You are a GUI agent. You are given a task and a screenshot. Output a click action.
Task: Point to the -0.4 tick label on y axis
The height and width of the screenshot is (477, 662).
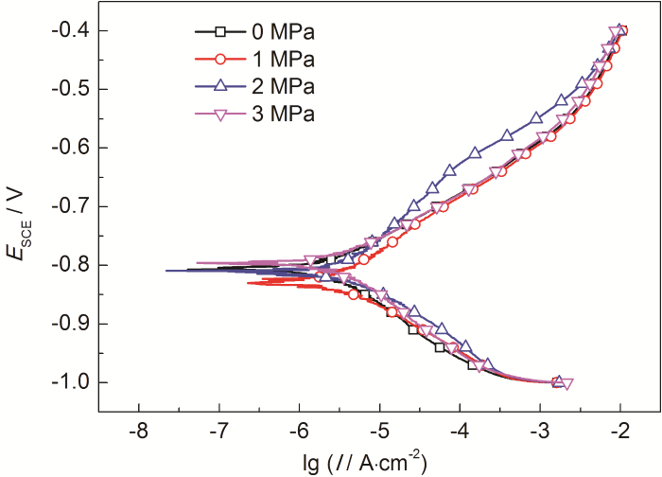(x=73, y=31)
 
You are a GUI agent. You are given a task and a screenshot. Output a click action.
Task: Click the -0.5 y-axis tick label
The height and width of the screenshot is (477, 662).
(x=73, y=90)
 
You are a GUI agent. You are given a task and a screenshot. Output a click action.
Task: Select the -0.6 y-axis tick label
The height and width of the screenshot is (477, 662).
(x=73, y=149)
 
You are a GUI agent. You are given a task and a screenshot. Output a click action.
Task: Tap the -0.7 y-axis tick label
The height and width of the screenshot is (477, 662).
(x=73, y=206)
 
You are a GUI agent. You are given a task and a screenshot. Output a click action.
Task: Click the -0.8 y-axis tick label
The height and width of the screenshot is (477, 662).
(x=73, y=265)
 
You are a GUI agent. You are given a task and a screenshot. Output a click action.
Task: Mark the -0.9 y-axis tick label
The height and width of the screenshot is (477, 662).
(x=73, y=324)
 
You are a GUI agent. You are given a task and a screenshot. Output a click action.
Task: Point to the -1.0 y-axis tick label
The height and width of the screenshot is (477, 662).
(x=73, y=382)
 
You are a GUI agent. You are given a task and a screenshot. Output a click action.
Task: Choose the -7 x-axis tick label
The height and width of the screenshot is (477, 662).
(x=218, y=431)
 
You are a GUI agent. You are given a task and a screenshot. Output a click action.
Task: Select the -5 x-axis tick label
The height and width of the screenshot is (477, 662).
(x=378, y=431)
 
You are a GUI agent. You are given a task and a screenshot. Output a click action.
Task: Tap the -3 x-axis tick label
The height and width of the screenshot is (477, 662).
(x=539, y=431)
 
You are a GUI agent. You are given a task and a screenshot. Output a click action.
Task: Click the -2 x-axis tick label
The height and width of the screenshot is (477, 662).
(x=619, y=431)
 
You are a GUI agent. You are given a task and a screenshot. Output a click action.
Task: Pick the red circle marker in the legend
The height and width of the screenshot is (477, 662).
(x=219, y=59)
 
